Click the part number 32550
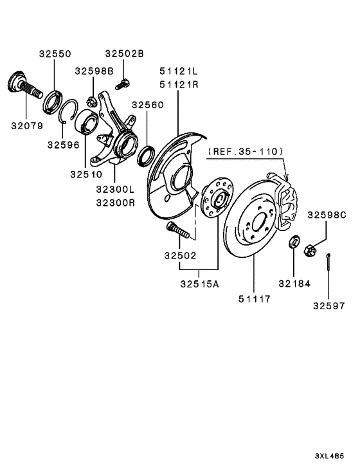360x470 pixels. coord(55,54)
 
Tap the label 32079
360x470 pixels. coord(27,126)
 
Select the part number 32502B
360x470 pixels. coord(125,53)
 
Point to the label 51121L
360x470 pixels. coord(179,71)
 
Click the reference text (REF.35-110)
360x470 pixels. coord(245,151)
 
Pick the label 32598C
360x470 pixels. coord(327,215)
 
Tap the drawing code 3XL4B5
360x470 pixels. coord(329,456)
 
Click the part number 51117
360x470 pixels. coord(255,299)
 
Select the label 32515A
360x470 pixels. coord(200,284)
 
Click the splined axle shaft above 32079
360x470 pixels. coord(24,86)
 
